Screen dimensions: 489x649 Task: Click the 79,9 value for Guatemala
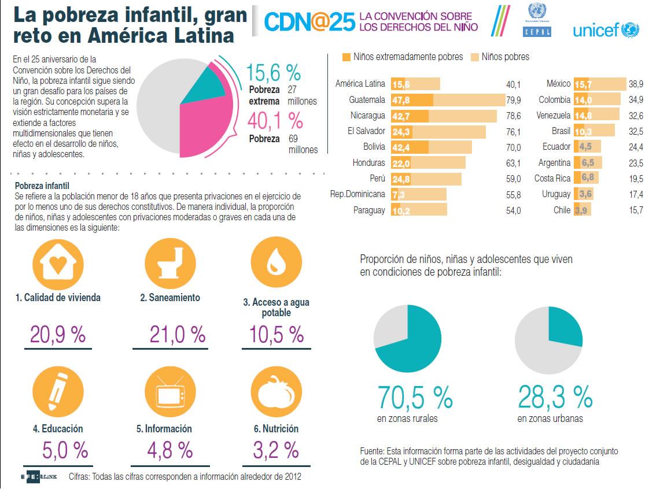(513, 100)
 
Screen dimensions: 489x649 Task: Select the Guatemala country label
(367, 100)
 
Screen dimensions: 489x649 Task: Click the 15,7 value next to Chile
(636, 210)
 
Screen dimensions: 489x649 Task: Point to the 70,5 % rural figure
(415, 397)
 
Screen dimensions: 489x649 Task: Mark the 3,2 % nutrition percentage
(275, 449)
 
